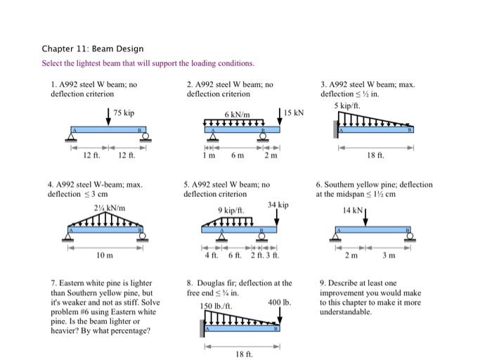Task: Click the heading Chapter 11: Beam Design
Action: point(92,49)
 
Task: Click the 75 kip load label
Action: point(124,112)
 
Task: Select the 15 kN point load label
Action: point(294,112)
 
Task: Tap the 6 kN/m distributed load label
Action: point(236,115)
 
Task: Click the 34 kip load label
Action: point(278,205)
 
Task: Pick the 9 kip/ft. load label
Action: point(231,210)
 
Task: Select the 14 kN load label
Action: point(352,210)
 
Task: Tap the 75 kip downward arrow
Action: point(108,117)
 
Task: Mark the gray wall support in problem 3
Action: point(336,129)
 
